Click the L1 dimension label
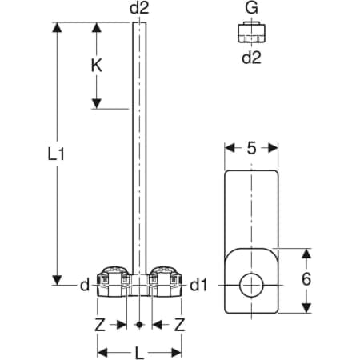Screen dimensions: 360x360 [56, 154]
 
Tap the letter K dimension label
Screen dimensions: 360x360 [96, 66]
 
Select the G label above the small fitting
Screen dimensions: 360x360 [251, 8]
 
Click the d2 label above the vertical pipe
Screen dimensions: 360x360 [139, 8]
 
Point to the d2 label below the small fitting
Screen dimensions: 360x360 [251, 58]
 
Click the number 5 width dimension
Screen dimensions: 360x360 [251, 148]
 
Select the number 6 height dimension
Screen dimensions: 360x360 [306, 279]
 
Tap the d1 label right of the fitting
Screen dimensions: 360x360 [198, 286]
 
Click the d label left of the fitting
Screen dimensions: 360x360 [85, 286]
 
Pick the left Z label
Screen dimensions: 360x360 [100, 325]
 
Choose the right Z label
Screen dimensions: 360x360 [179, 325]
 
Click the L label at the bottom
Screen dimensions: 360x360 [139, 353]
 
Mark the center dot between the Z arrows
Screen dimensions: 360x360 [139, 325]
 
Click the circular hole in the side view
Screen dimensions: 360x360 [251, 285]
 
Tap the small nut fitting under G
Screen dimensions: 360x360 [251, 32]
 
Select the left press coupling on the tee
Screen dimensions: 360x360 [114, 282]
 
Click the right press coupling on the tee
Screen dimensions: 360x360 [165, 282]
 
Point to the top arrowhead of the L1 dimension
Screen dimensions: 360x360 [57, 27]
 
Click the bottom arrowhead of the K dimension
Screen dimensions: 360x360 [96, 103]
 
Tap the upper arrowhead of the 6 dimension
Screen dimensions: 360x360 [306, 254]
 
